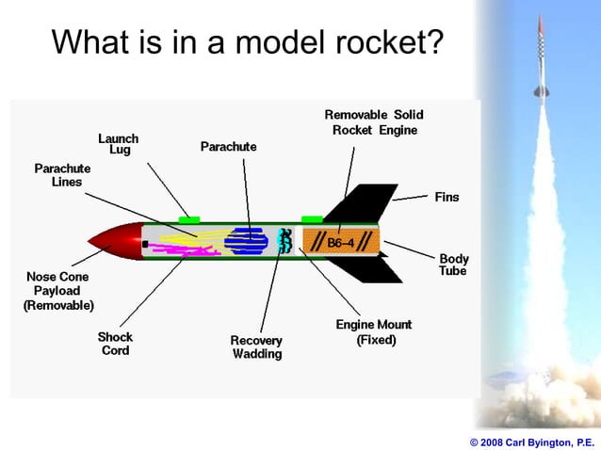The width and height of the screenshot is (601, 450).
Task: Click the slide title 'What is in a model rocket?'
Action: click(x=247, y=42)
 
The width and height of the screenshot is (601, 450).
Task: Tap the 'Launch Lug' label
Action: click(x=118, y=144)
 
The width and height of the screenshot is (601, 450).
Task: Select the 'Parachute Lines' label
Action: click(x=58, y=175)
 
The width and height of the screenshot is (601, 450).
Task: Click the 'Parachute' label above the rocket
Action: click(x=228, y=148)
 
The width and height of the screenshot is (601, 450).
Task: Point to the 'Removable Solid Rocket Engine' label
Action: click(x=374, y=122)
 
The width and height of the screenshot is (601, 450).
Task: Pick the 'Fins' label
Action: click(x=447, y=197)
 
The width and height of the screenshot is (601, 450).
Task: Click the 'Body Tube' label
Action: click(x=454, y=265)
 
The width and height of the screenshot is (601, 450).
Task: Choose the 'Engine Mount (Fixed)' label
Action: click(x=373, y=332)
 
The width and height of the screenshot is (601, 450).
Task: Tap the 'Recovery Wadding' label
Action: click(x=256, y=346)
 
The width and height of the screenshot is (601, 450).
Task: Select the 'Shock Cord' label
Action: click(x=115, y=344)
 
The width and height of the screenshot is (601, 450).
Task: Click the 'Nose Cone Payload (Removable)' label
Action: click(x=58, y=291)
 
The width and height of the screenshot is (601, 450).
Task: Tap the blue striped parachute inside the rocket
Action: click(x=247, y=241)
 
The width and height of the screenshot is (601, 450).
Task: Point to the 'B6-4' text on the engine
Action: click(x=340, y=243)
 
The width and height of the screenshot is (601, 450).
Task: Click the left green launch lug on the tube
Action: click(x=189, y=219)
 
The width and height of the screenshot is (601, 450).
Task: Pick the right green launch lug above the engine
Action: click(x=312, y=219)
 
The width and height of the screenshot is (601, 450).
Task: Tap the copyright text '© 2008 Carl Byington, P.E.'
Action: click(x=531, y=441)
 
